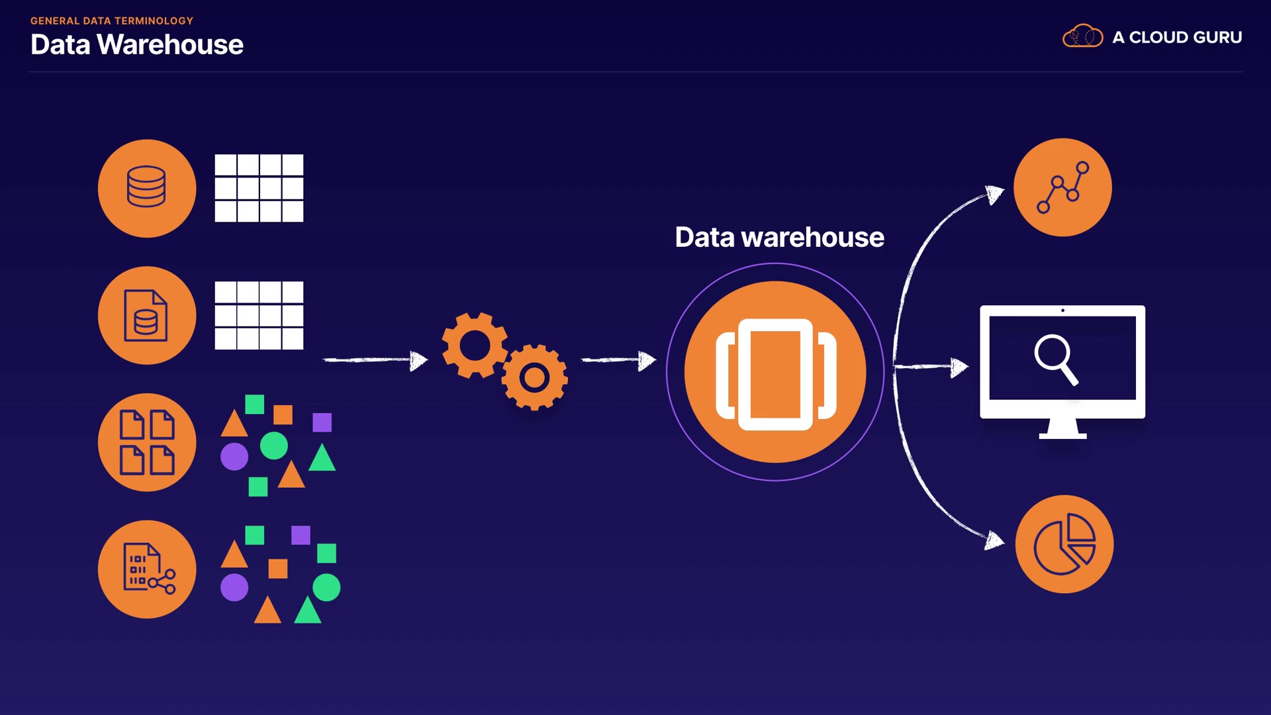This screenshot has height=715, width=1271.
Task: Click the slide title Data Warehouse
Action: click(x=137, y=45)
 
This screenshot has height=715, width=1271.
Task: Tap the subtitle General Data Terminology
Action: click(x=112, y=21)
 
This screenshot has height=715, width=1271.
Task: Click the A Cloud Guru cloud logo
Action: click(x=1082, y=36)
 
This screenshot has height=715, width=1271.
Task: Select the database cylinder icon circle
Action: click(x=147, y=188)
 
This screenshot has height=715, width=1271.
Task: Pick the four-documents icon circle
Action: click(x=147, y=442)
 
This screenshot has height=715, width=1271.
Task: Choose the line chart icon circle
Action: click(x=1062, y=187)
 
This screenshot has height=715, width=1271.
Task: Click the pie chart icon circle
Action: click(x=1064, y=544)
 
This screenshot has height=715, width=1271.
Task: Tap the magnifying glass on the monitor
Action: click(x=1056, y=359)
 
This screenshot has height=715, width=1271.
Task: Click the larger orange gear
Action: click(x=475, y=346)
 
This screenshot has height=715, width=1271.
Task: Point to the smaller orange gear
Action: click(x=534, y=377)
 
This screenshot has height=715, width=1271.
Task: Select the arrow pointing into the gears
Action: click(x=375, y=360)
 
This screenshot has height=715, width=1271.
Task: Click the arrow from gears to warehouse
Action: click(x=618, y=360)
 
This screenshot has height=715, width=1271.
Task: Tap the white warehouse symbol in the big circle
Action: click(x=776, y=374)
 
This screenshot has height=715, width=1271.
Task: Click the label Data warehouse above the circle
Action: click(x=779, y=237)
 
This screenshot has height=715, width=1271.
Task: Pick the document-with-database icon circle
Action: click(x=147, y=315)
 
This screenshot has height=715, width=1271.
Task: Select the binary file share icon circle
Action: click(x=147, y=569)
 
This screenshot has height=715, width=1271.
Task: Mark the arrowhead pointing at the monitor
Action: click(x=959, y=367)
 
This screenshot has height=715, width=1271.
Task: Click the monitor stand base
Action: click(x=1062, y=436)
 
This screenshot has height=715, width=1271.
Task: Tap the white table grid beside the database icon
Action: click(x=259, y=188)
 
